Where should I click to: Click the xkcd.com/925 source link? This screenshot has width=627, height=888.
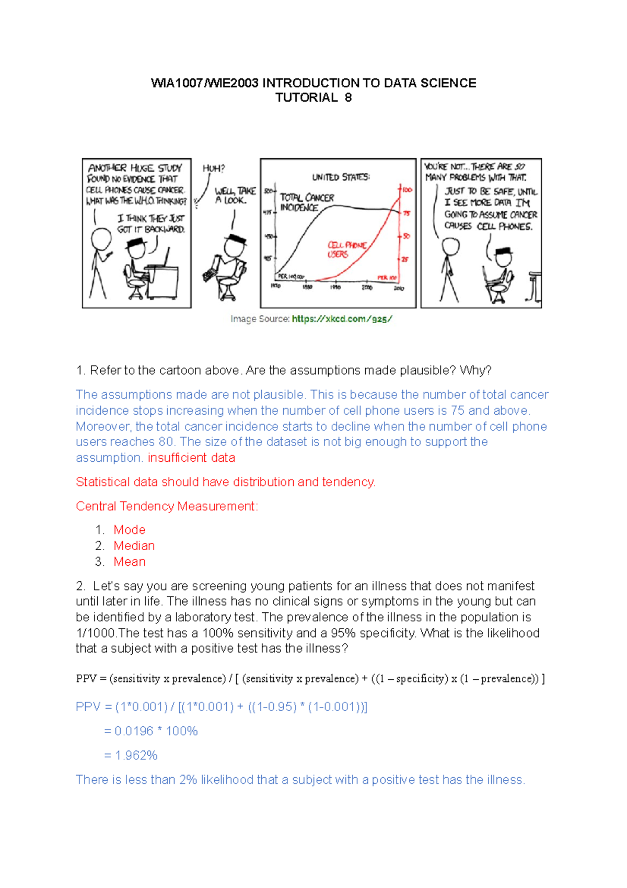pos(342,319)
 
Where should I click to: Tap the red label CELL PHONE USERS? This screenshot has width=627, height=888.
pos(346,249)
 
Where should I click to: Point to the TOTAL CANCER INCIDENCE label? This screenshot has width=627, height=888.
pos(307,202)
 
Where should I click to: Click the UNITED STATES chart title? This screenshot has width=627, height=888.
pos(341,177)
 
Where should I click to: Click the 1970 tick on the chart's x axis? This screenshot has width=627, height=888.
pos(275,287)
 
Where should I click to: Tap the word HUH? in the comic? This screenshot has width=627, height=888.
pos(213,168)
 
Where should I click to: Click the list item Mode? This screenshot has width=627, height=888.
pos(130,530)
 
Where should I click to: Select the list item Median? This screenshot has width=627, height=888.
pos(134,545)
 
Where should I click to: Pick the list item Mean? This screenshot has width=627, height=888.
pos(130,562)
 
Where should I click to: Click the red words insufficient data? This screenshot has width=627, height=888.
pos(191,458)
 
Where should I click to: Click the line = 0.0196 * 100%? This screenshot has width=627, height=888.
pos(150,731)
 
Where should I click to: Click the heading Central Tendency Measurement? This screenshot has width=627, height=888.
pos(167,506)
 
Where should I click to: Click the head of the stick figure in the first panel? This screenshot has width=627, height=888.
pos(100,240)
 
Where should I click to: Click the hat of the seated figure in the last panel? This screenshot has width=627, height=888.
pos(503,251)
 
